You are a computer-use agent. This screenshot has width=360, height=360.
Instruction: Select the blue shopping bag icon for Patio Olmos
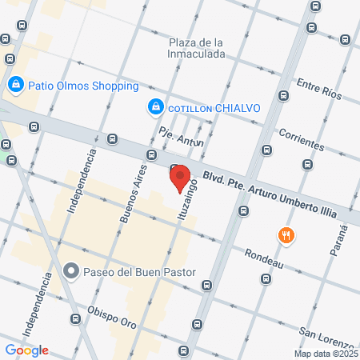click(x=15, y=84)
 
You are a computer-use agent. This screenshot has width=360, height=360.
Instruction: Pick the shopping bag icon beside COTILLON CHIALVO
click(x=154, y=106)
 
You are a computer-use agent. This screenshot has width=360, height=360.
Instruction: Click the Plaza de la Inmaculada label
click(x=196, y=48)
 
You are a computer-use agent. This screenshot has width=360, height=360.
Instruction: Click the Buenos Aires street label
click(x=134, y=192)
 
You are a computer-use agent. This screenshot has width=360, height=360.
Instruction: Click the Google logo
click(x=26, y=350)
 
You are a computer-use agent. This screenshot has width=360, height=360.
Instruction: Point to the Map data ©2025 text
click(x=325, y=354)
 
